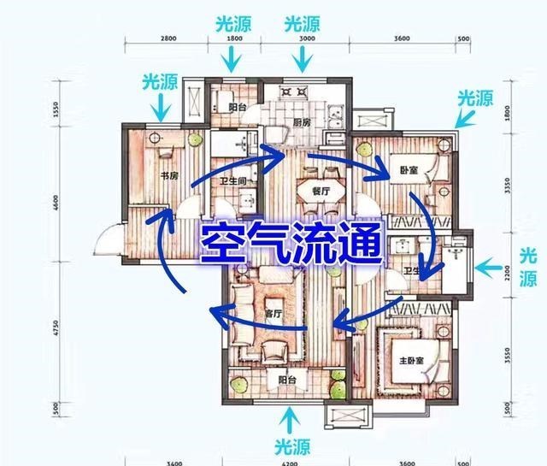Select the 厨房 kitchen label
pos(301,122)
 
